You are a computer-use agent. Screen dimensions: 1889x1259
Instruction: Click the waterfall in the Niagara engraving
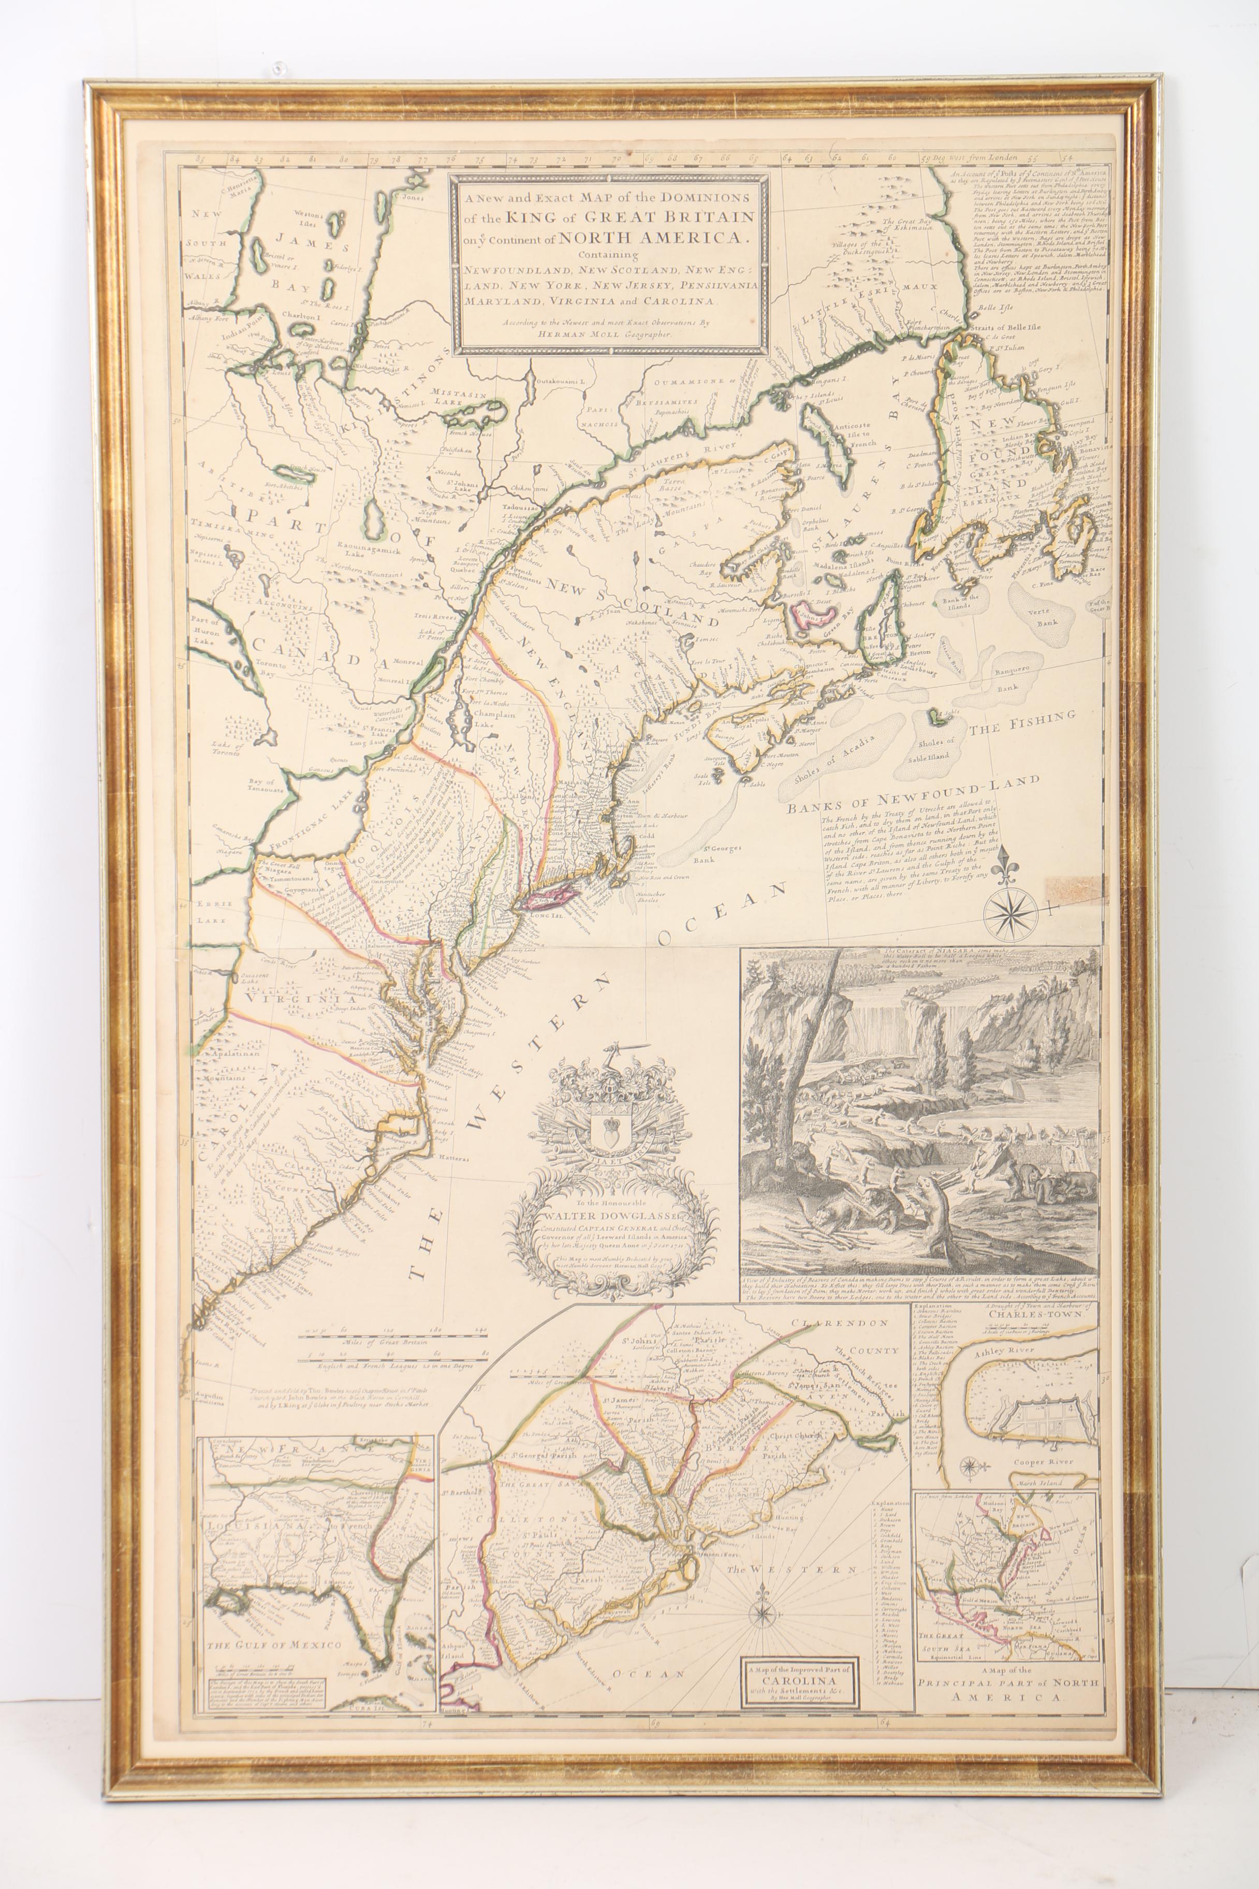(883, 1021)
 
